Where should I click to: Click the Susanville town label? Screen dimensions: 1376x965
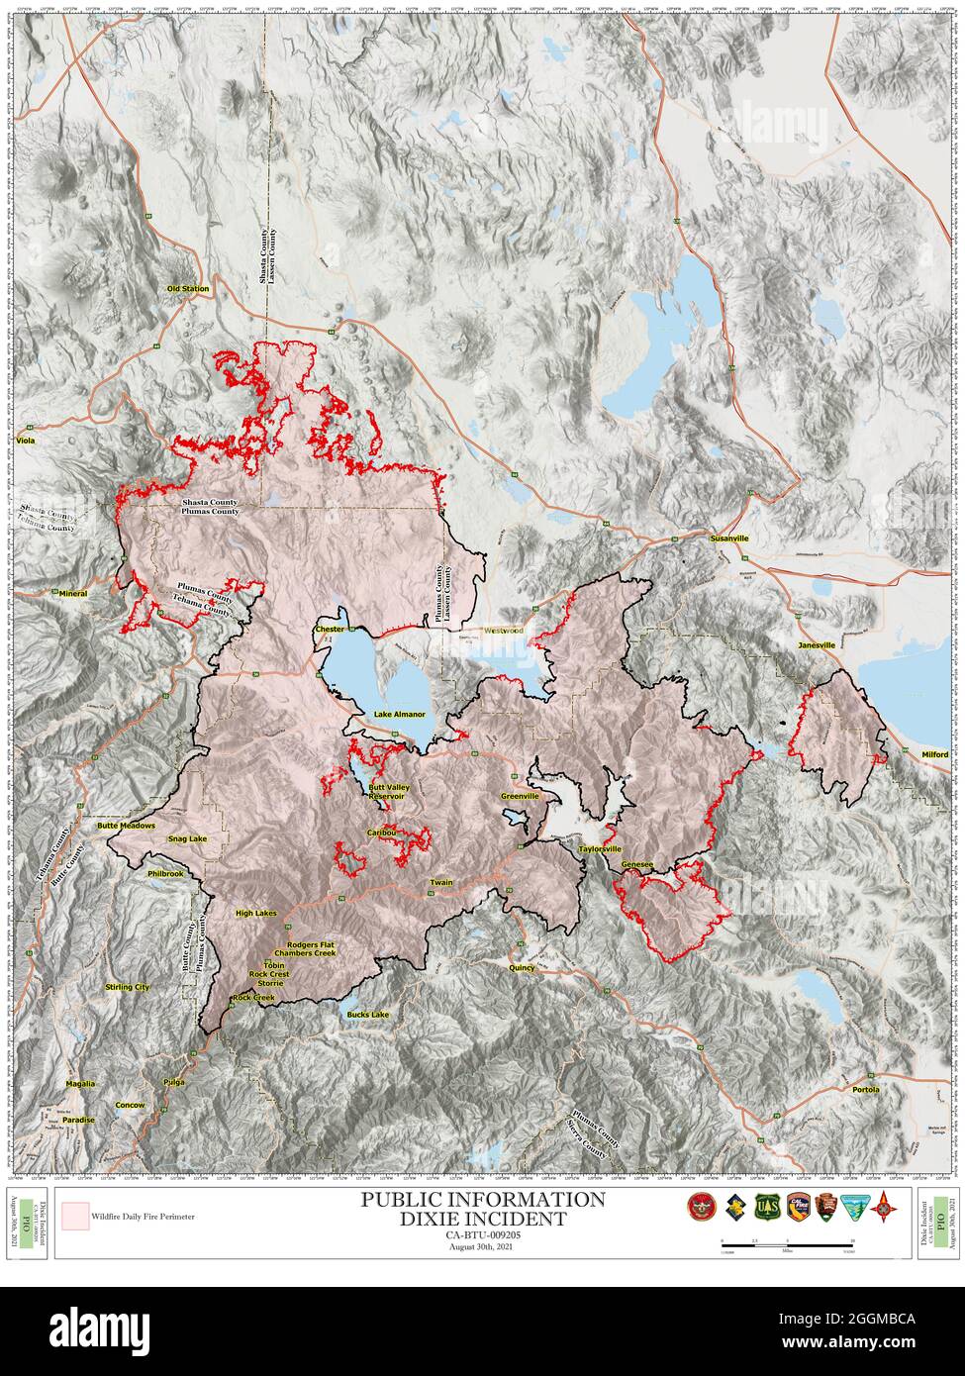coord(729,539)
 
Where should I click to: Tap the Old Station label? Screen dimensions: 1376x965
coord(188,289)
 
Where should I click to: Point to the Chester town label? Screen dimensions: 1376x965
coord(329,630)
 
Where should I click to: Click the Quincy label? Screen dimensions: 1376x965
coord(522,967)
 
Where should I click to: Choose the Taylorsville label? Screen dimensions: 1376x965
coord(600,849)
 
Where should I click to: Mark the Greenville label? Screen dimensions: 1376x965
coord(520,796)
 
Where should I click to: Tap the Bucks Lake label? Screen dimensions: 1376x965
coord(368,1015)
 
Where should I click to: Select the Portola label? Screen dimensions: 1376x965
coord(865,1089)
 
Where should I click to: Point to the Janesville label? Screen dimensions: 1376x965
coord(817,644)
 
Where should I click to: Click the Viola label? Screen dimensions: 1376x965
coord(27,440)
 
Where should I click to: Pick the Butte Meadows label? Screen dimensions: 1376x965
coord(127,825)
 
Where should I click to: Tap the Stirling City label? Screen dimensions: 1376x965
coord(128,987)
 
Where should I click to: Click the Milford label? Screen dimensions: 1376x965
coord(933,754)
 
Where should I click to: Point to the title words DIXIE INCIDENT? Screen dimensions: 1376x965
coord(482,1219)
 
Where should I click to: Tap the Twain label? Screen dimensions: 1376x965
coord(441,882)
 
